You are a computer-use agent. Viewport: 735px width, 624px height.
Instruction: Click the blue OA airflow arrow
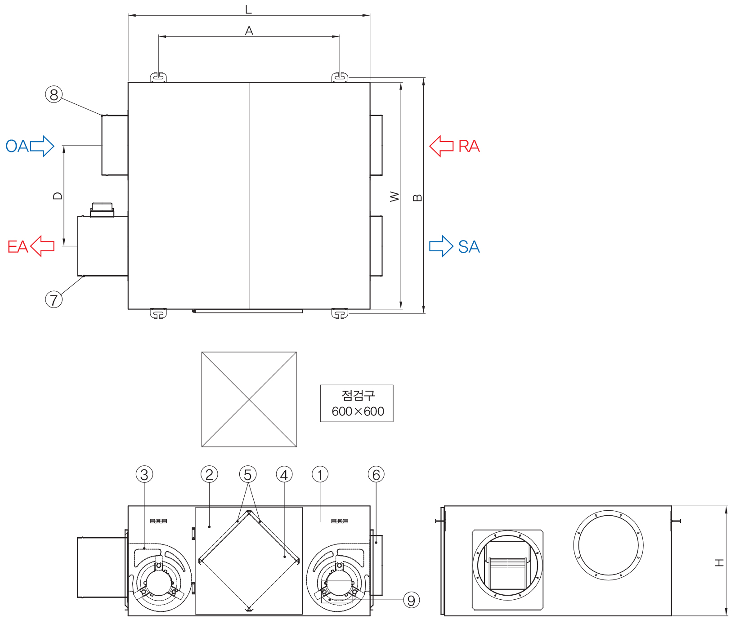tap(42, 146)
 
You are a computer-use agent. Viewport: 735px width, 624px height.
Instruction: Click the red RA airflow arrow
tap(441, 146)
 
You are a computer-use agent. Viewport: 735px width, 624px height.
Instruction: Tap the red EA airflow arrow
tap(42, 246)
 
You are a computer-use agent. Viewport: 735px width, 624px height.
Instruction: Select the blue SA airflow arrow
tap(441, 246)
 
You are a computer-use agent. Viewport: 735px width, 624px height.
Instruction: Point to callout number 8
tap(54, 95)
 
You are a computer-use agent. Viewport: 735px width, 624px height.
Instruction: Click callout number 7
tap(54, 299)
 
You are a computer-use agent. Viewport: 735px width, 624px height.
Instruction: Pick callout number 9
tap(411, 600)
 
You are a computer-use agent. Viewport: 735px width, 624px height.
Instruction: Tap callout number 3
tap(144, 475)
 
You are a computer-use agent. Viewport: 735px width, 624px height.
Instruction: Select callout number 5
tap(248, 475)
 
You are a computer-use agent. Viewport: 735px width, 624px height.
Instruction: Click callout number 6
tap(376, 475)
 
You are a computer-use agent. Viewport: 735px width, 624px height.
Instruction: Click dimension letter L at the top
tap(248, 9)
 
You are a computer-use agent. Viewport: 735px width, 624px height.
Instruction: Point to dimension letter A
tap(249, 31)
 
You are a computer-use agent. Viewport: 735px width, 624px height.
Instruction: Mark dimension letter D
tap(58, 196)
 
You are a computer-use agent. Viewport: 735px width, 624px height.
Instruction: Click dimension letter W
tap(394, 196)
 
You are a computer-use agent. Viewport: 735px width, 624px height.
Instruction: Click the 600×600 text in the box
tap(358, 411)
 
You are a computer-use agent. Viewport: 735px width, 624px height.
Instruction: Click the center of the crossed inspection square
tap(249, 399)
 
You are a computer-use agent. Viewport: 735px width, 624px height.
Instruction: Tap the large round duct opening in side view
tap(608, 545)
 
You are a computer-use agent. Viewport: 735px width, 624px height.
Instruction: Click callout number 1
tap(320, 475)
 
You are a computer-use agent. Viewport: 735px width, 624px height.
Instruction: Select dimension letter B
tap(417, 198)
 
